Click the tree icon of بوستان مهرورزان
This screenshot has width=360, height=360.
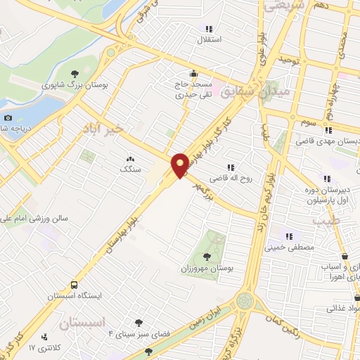point(206,257)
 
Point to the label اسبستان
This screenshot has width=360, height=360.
point(82,323)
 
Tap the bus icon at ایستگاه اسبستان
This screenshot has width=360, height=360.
point(74,285)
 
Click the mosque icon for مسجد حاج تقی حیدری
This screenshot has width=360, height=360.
point(193,73)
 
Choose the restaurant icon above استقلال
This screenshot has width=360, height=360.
point(207,29)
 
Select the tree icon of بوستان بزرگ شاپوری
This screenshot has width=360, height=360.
point(75,72)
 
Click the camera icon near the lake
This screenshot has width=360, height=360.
point(8,117)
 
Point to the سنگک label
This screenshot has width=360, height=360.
point(130,169)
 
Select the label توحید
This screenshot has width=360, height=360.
point(288,61)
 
